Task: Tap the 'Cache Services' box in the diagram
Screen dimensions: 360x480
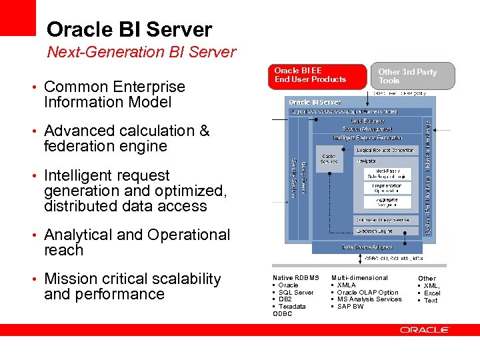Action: (330, 160)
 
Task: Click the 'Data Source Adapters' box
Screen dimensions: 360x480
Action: (367, 247)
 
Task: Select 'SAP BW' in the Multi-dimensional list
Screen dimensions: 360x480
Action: (351, 307)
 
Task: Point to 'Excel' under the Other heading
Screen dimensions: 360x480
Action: (432, 293)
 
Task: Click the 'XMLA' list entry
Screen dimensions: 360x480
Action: (347, 285)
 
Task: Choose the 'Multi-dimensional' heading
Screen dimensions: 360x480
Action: (359, 277)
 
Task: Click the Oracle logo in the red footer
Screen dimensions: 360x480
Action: (425, 329)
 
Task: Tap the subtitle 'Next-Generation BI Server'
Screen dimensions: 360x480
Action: (141, 52)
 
